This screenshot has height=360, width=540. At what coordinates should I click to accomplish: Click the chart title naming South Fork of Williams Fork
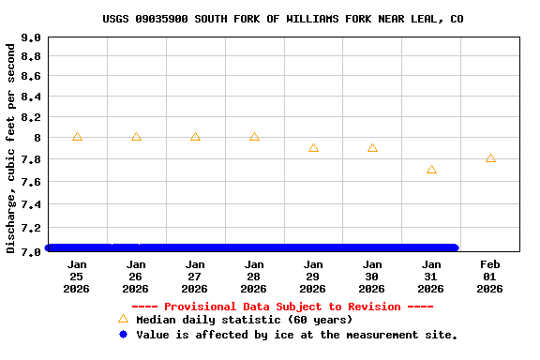point(282,19)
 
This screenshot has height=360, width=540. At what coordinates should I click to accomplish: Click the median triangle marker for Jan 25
point(77,137)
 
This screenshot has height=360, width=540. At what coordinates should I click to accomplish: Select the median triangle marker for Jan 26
point(136,137)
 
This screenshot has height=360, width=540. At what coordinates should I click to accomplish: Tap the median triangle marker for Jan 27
point(195,137)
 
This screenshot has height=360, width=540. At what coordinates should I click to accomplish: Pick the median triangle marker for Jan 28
point(254,137)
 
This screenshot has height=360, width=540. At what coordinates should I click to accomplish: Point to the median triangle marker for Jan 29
point(313,148)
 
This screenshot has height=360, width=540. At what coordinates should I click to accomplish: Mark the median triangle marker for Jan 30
point(372,148)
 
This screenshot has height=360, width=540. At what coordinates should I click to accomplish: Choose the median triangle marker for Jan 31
point(431,170)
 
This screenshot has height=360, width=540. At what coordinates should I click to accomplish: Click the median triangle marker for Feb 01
point(490,158)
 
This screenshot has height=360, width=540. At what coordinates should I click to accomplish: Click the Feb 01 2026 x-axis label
point(489,277)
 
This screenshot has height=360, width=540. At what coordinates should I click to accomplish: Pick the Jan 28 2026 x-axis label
point(254,277)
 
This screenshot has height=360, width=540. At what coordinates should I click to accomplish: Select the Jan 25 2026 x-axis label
point(77,277)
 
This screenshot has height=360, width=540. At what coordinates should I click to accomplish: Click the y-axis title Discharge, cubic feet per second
point(11,148)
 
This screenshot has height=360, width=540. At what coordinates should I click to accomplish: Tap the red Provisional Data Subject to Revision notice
point(282,307)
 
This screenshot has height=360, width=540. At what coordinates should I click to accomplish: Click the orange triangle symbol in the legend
point(123,319)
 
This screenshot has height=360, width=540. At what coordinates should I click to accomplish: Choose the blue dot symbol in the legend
point(123,334)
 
